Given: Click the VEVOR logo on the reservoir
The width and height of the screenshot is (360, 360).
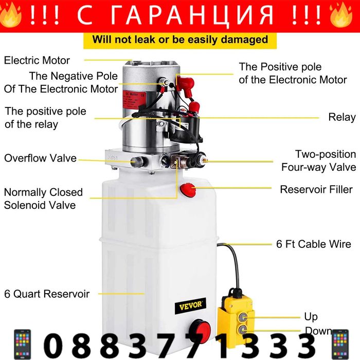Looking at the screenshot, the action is click(190, 305).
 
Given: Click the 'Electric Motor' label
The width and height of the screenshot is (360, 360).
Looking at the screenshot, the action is click(37, 60).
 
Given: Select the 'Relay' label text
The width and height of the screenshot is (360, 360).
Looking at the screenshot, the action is click(342, 117).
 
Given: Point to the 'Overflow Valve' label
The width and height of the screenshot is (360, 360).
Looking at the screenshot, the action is click(41, 158).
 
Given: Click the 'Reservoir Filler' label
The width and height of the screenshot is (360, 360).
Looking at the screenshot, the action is click(316, 189).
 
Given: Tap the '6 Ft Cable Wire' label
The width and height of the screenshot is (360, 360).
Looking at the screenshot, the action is click(314, 244).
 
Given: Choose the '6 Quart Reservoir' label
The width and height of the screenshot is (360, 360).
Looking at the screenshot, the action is click(47, 294).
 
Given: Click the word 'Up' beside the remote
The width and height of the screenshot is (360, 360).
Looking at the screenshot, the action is click(311, 317).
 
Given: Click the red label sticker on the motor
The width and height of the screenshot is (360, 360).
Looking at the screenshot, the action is click(134, 100).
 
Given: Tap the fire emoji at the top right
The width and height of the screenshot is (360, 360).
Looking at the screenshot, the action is click(341, 15).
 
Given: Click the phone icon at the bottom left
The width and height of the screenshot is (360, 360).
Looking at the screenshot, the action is click(22, 344).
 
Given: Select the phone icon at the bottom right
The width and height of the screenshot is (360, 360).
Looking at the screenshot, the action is click(340, 344).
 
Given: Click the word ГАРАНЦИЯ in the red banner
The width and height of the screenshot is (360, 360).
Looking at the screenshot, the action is click(191, 15).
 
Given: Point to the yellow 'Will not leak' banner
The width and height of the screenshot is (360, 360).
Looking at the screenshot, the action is click(180, 41).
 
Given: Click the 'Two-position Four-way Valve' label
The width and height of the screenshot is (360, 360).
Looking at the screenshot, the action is click(319, 160).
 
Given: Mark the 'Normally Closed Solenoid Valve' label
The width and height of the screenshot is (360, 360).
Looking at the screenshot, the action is click(43, 199).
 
